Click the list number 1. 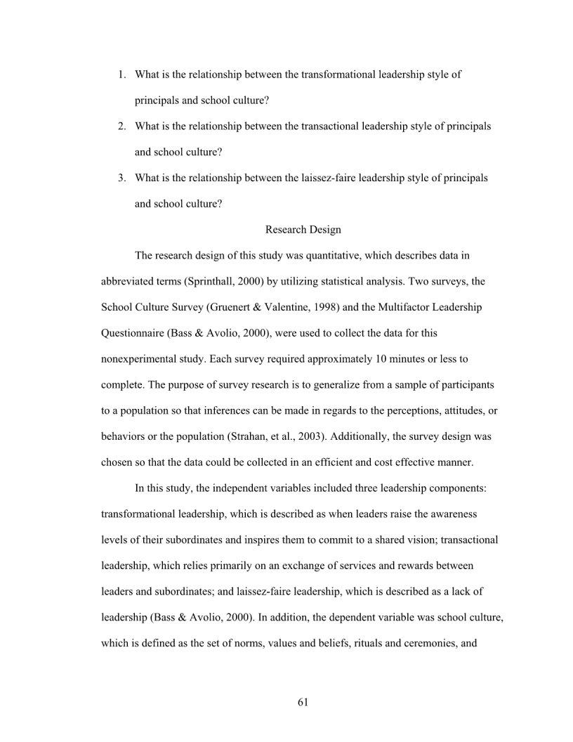(121, 74)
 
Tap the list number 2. (121, 126)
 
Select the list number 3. (121, 178)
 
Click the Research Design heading (303, 230)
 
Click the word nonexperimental (140, 359)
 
